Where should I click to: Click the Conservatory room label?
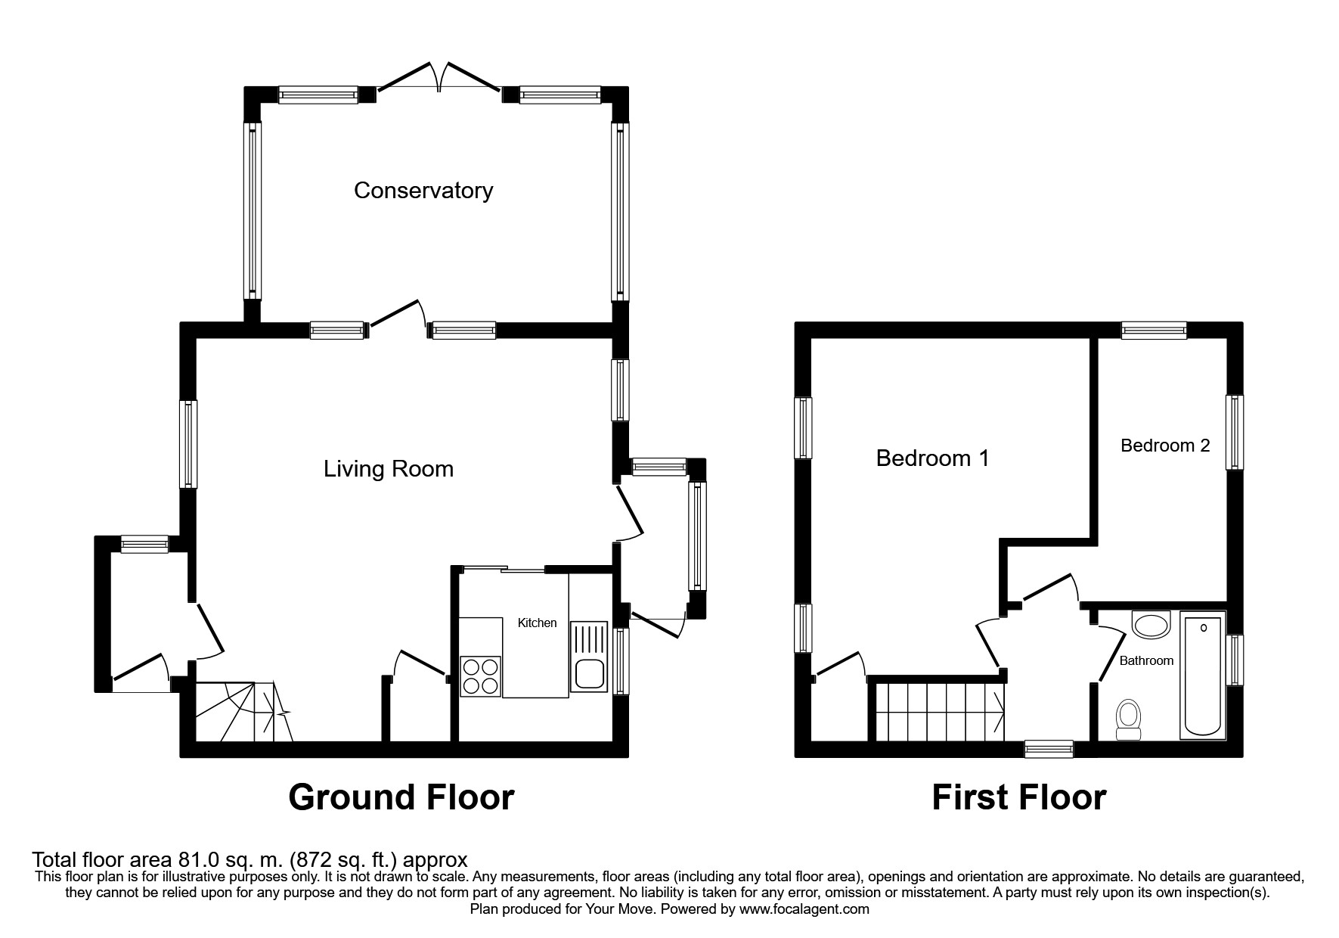point(423,191)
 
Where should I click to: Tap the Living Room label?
point(388,469)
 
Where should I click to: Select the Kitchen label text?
point(537,623)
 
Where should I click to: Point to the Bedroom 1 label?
point(931,458)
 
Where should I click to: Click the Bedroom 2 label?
point(1164,446)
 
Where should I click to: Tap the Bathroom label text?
point(1146,661)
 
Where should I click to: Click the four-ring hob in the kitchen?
point(480,676)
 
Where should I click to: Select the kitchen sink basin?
point(588,676)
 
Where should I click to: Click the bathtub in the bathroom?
point(1202,677)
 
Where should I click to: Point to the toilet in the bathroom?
point(1128,719)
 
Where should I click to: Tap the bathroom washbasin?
point(1151,625)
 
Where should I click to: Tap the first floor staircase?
point(940,711)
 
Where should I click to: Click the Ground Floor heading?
point(401,798)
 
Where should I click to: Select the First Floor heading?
point(1018,798)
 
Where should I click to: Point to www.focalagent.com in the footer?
point(804,910)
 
